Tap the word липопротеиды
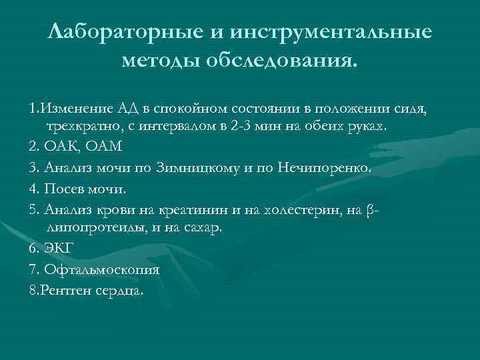click(x=91, y=227)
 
